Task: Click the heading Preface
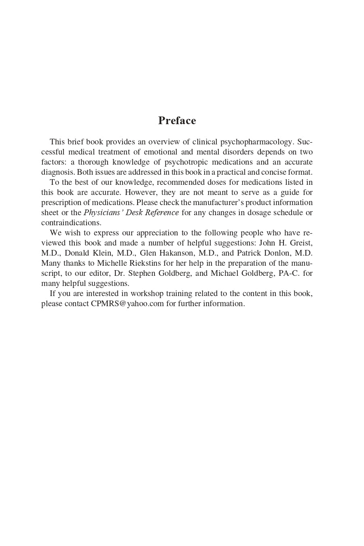point(177,121)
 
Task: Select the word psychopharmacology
point(256,142)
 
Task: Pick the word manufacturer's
point(218,203)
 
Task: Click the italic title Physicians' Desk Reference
point(131,213)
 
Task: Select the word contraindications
point(71,223)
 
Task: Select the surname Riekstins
point(145,263)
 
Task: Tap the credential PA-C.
point(289,273)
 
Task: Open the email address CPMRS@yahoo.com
point(127,304)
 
